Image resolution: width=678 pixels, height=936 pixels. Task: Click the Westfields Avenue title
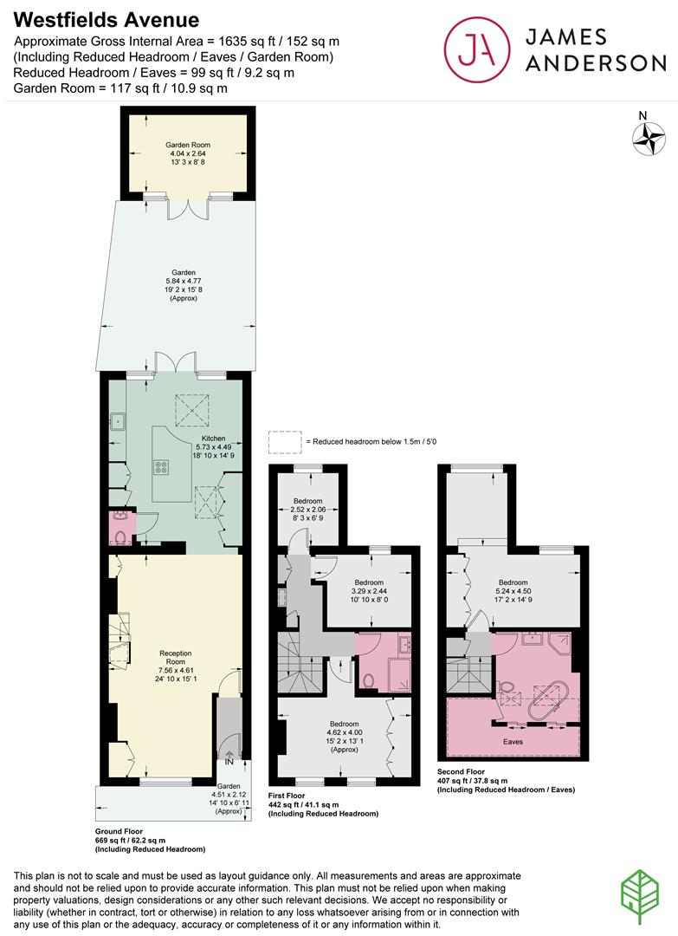click(107, 20)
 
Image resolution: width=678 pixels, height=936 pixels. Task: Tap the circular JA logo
click(477, 49)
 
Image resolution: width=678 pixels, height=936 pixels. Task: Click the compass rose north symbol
click(649, 138)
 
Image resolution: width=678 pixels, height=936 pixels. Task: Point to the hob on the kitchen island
click(161, 467)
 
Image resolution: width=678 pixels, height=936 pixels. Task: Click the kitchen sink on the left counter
click(118, 421)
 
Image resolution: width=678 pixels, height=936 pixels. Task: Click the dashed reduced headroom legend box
click(285, 442)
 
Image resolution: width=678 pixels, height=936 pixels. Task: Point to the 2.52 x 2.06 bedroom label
click(307, 510)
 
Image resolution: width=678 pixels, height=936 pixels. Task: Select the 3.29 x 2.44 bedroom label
click(369, 591)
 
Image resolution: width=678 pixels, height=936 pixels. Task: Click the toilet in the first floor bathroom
click(368, 681)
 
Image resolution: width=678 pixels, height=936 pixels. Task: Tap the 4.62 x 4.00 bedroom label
click(345, 737)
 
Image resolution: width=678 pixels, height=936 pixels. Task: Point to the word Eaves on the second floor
click(513, 742)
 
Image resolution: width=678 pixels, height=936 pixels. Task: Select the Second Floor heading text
click(461, 772)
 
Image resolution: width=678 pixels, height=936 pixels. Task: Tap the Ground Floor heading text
click(119, 831)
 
